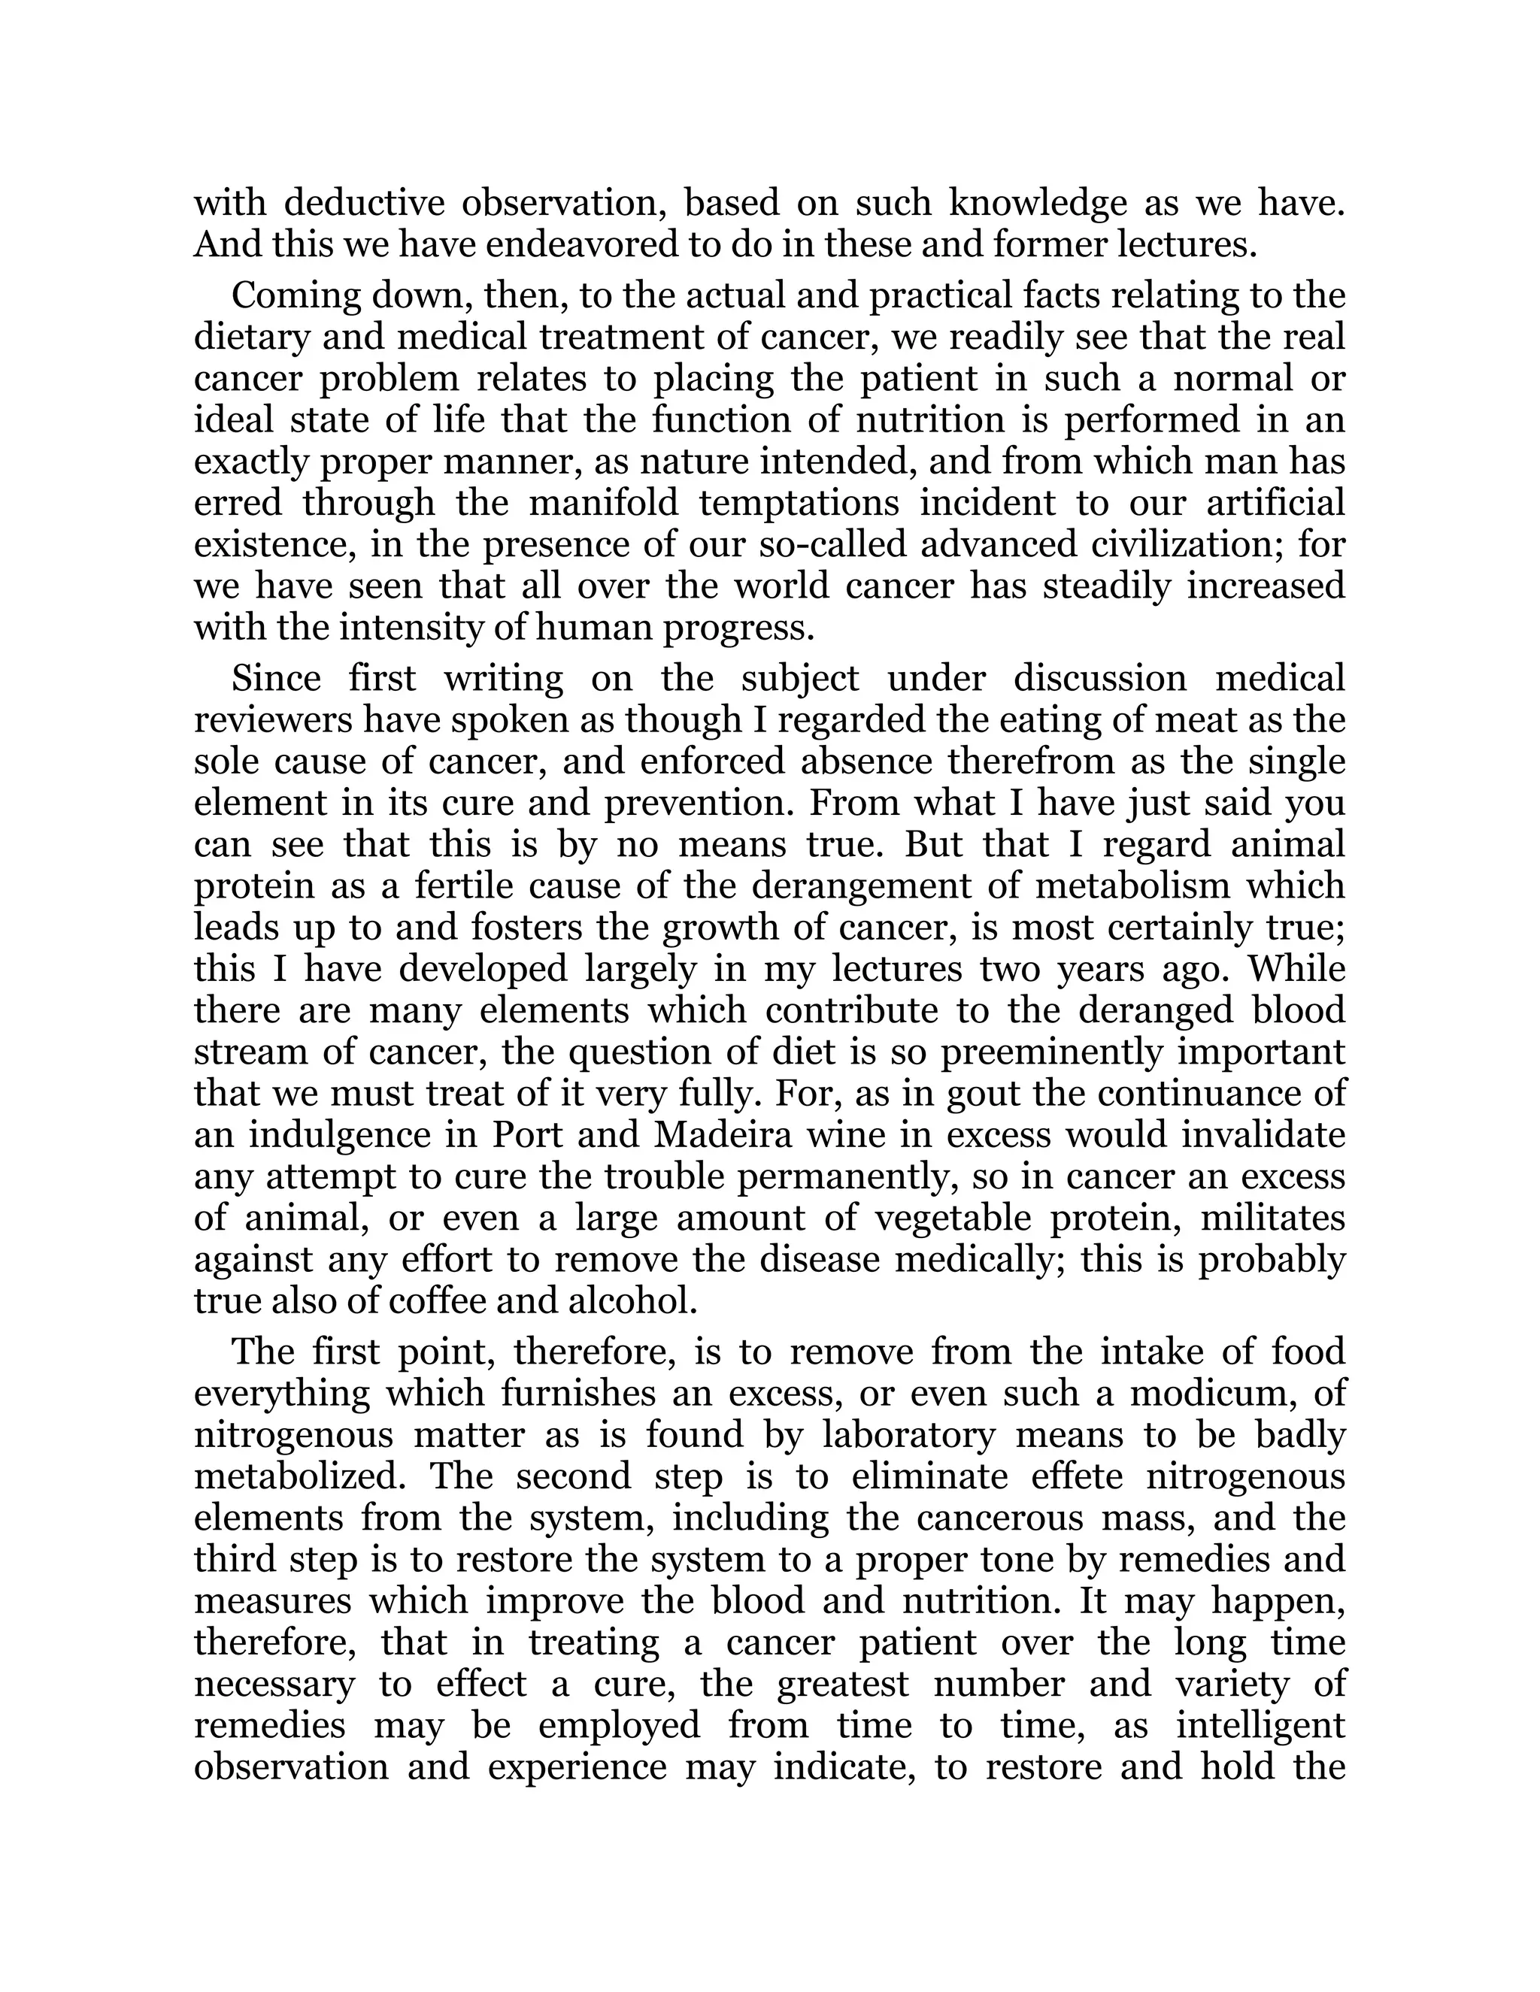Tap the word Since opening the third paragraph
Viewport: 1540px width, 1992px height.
[x=271, y=679]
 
